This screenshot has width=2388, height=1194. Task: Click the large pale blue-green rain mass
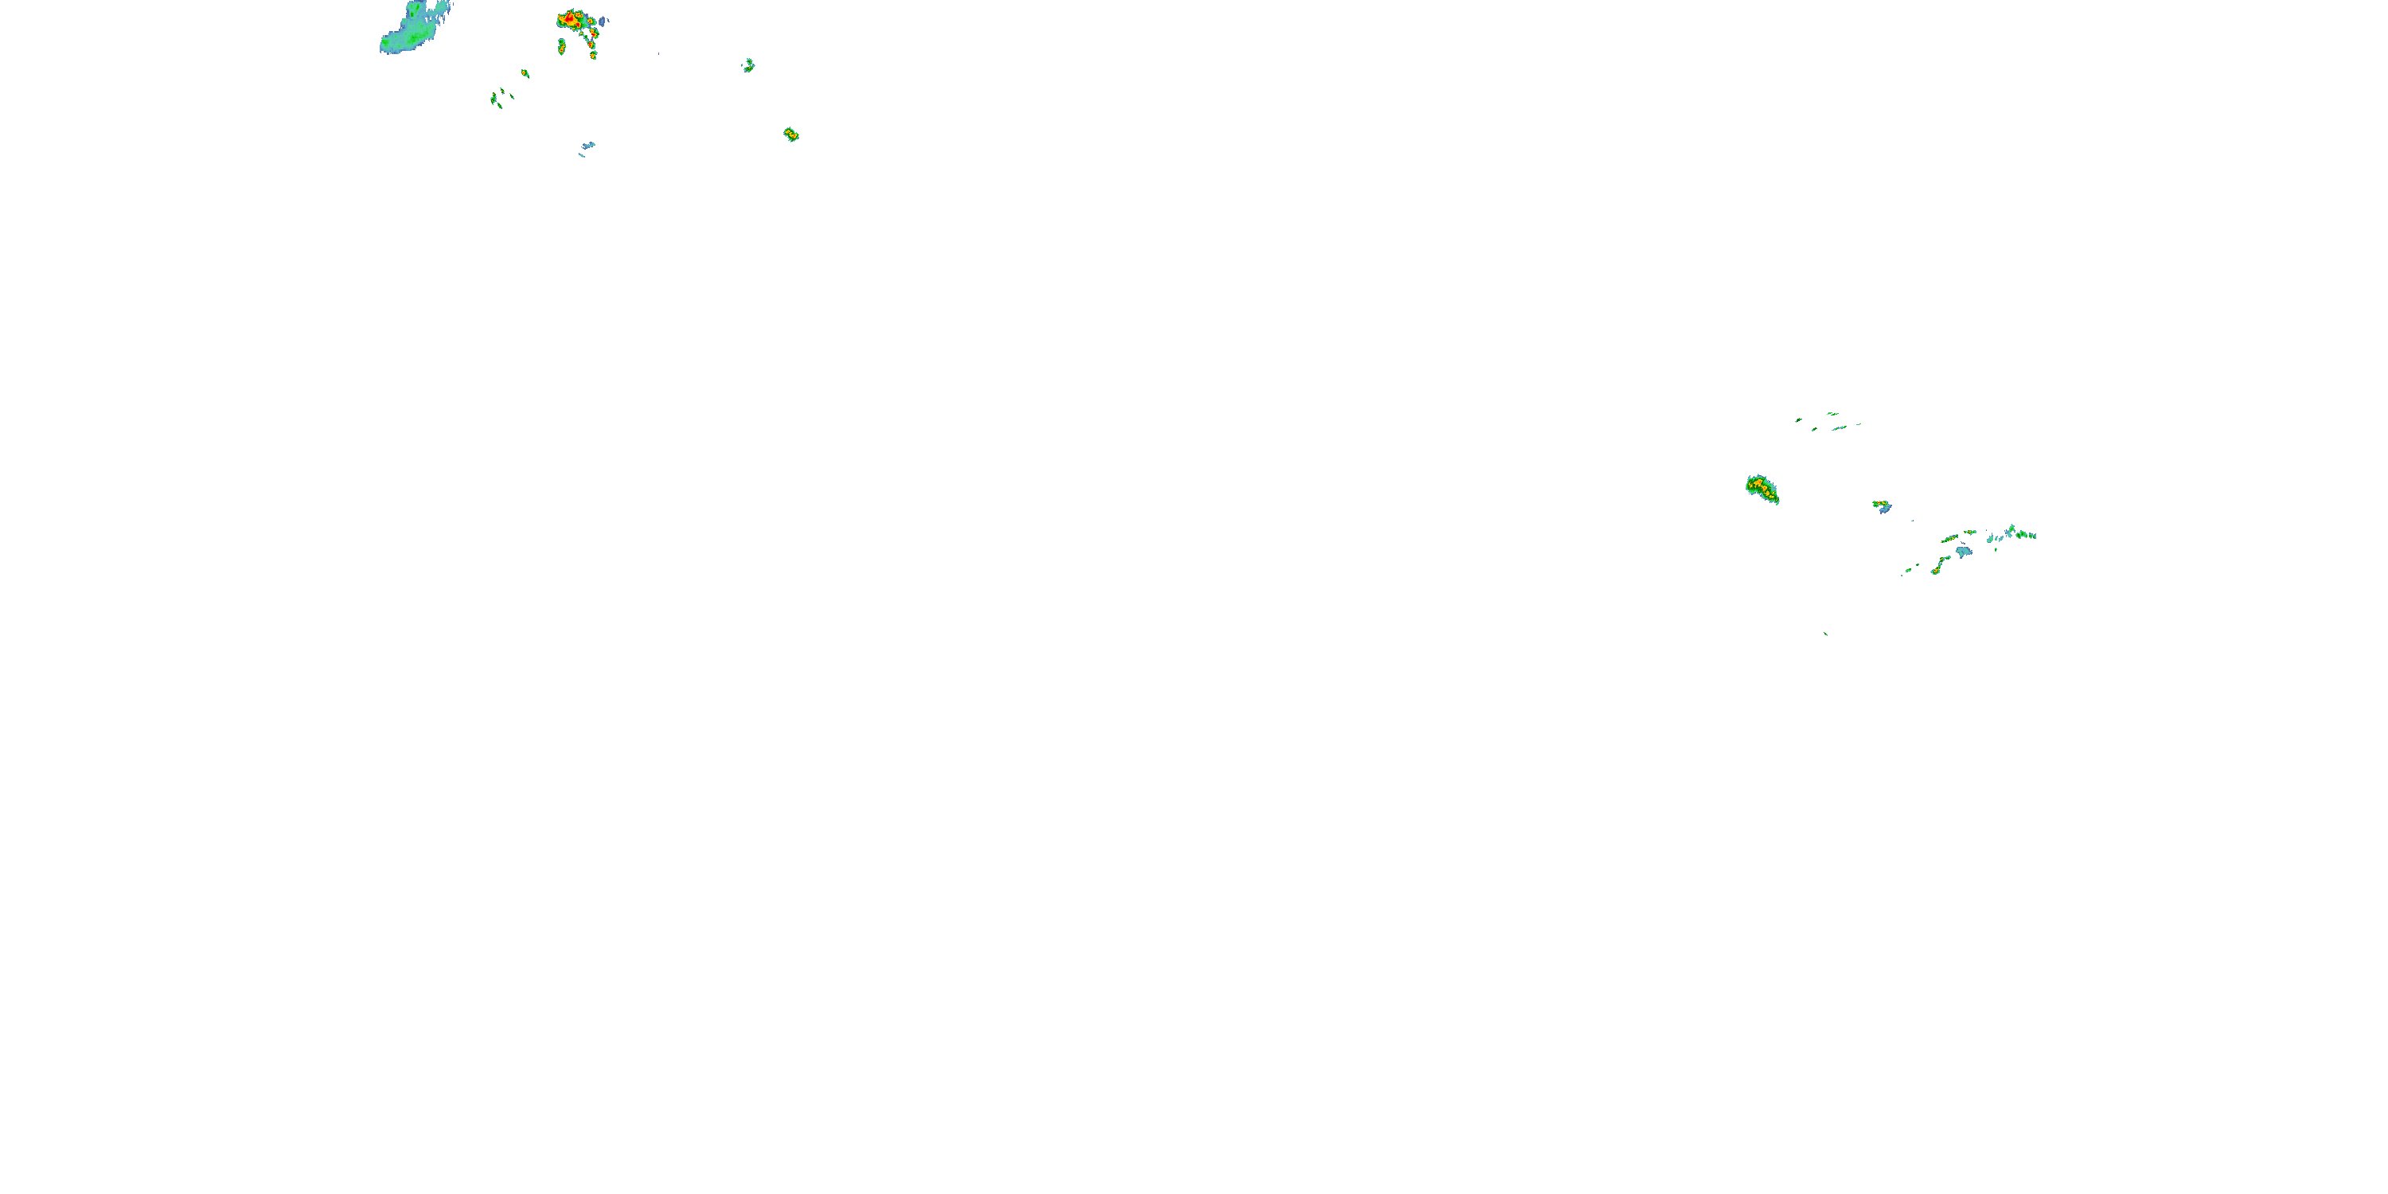click(x=412, y=29)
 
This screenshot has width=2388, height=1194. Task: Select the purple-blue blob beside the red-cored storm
click(x=603, y=21)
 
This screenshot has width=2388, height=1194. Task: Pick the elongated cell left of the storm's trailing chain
click(x=562, y=45)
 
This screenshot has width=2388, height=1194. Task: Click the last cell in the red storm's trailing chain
click(x=593, y=55)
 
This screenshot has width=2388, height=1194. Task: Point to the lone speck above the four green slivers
click(x=525, y=72)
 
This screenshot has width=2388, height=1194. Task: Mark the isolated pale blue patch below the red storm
click(x=587, y=146)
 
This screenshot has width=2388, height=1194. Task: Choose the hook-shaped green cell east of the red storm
click(x=748, y=65)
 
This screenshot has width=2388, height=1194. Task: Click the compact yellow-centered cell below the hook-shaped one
click(x=790, y=135)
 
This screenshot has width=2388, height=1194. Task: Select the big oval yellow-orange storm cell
click(x=1762, y=489)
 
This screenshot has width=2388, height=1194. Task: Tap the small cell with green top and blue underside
click(x=1881, y=506)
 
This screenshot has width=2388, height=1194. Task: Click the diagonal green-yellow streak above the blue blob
click(x=1950, y=537)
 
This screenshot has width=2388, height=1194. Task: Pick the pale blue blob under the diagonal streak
click(x=1964, y=552)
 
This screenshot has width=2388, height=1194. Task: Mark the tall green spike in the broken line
click(x=2011, y=532)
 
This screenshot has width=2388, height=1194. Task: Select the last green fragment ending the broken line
click(x=2033, y=535)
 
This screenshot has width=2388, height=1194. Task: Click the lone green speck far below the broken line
click(x=1826, y=634)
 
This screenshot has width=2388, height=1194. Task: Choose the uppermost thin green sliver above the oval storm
click(x=1832, y=413)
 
